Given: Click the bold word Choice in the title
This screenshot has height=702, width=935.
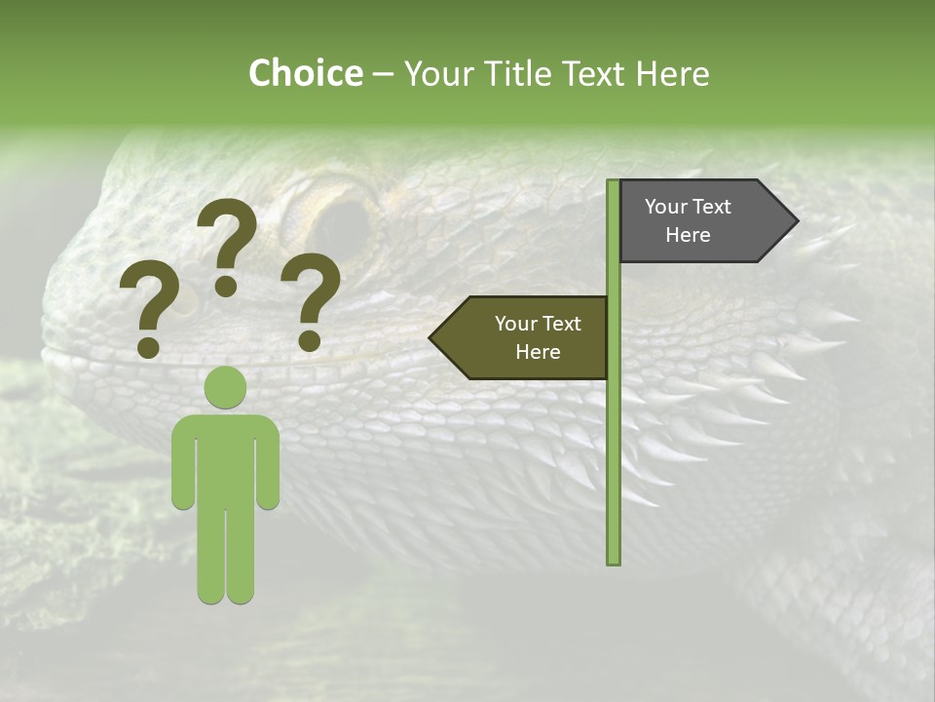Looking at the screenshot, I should point(305,73).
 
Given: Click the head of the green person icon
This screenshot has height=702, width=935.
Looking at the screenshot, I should point(225,387).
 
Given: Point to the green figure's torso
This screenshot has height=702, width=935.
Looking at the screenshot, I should point(225,458).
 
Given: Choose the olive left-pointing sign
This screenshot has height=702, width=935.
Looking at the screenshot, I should point(526,337).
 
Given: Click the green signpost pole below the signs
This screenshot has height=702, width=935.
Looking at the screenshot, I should point(614,468).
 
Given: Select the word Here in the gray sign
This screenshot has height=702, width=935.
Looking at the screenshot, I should point(688,235).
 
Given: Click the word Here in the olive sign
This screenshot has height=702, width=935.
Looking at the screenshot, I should point(538,352).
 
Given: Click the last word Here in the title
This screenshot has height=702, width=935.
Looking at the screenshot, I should point(673,73).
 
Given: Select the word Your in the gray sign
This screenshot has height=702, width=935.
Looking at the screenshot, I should point(665,207).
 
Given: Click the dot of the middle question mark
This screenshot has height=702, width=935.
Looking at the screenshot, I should point(226,286).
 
